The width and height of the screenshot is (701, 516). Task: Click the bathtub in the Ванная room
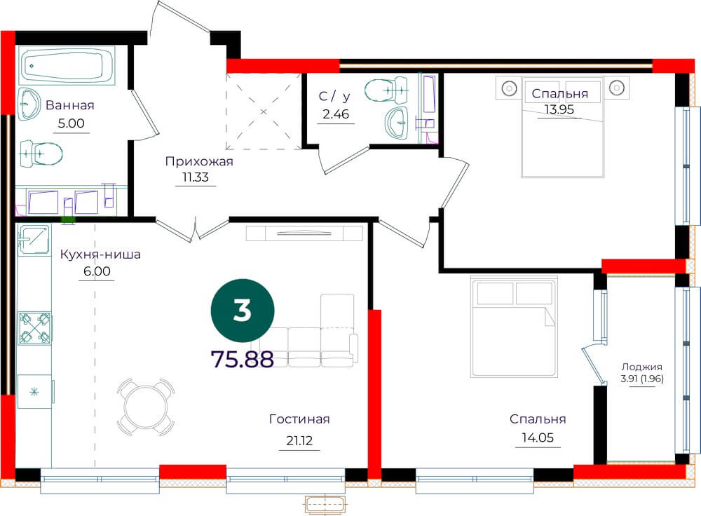(x=67, y=66)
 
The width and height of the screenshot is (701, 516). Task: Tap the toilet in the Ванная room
(x=41, y=154)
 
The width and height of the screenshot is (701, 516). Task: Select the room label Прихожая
(x=199, y=161)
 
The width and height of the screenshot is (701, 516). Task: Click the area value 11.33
(x=196, y=177)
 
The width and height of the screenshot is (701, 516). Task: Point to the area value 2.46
(x=336, y=114)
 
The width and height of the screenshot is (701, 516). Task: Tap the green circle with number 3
(x=243, y=311)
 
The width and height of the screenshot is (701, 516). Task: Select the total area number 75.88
(x=242, y=359)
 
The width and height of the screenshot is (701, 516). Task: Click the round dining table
(x=146, y=407)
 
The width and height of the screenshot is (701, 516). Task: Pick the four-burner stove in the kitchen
(x=34, y=328)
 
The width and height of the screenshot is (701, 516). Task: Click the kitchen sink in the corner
(x=34, y=239)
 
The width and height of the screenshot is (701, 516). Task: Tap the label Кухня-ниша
(x=100, y=254)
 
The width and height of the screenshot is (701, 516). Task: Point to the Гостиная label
(x=299, y=419)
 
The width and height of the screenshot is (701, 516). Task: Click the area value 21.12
(x=299, y=441)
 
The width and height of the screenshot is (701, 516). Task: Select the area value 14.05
(x=538, y=437)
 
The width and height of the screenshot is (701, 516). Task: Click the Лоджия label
(x=641, y=367)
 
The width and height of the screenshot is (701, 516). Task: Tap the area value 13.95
(x=559, y=109)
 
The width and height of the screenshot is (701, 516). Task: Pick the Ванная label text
(x=69, y=105)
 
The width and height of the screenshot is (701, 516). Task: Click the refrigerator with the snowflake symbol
(x=35, y=392)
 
